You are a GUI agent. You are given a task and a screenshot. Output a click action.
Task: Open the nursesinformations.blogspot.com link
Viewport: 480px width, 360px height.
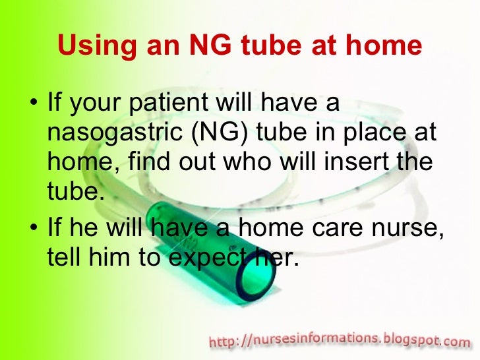click(340, 341)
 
